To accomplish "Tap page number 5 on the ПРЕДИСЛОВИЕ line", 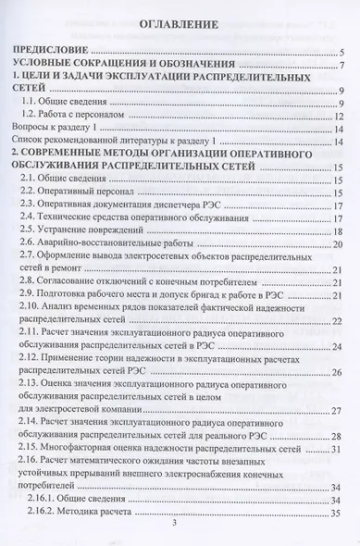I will [341, 54].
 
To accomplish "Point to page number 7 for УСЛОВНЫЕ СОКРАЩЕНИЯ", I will [341, 67].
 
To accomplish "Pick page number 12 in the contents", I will [340, 117].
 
